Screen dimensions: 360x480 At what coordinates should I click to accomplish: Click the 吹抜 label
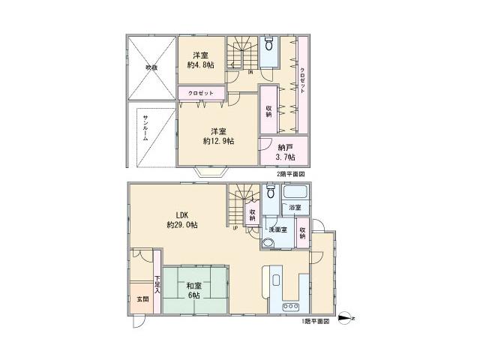point(151,67)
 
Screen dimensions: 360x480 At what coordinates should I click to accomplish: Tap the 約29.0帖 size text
point(182,225)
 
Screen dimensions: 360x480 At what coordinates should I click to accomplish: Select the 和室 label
point(193,285)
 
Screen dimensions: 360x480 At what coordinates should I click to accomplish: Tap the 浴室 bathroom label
point(293,208)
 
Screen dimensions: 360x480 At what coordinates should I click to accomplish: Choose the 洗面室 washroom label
point(279,230)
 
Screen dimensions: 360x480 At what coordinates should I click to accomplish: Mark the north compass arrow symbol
point(346,318)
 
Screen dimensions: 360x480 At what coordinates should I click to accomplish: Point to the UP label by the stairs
point(235,228)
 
